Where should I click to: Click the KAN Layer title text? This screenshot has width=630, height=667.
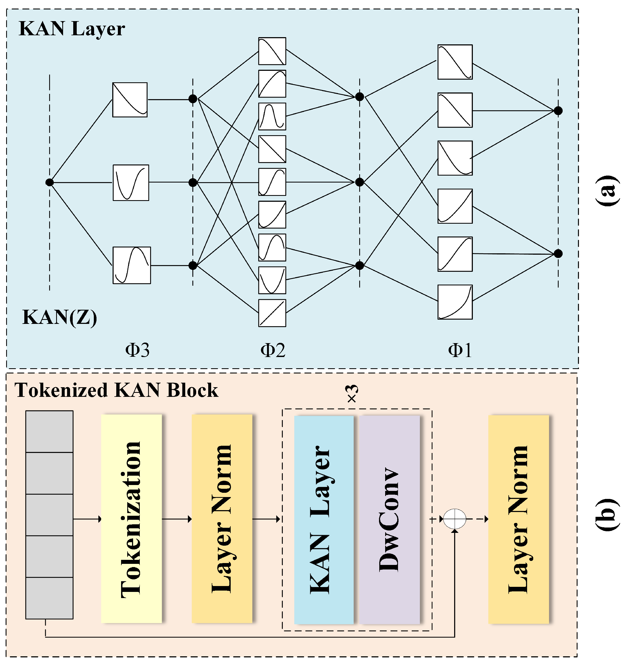click(72, 29)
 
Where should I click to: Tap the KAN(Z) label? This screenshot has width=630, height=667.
click(59, 317)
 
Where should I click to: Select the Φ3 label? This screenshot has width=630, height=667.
click(137, 350)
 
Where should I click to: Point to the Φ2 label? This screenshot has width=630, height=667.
click(273, 350)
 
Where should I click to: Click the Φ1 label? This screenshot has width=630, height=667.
click(460, 350)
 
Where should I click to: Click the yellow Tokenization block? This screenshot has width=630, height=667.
click(131, 519)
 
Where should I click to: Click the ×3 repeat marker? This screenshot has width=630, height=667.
click(352, 394)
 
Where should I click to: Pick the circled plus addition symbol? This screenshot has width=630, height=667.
click(455, 519)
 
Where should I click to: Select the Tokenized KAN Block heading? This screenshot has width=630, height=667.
click(116, 390)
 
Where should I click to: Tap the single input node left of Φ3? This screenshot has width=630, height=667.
click(49, 183)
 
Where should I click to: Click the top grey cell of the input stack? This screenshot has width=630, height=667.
click(49, 432)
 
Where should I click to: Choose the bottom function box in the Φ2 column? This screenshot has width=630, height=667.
click(272, 313)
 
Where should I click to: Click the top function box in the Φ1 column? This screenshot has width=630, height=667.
click(455, 62)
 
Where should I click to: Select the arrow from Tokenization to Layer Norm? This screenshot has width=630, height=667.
click(177, 519)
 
